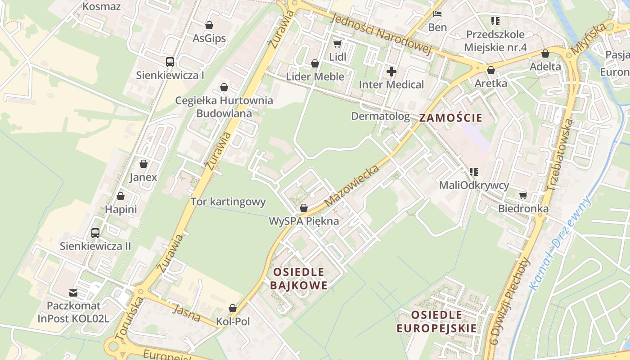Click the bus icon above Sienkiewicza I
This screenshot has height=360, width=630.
pyautogui.click(x=170, y=62)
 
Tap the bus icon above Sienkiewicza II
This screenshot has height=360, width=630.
pyautogui.click(x=95, y=233)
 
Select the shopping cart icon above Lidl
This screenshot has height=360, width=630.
pyautogui.click(x=337, y=44)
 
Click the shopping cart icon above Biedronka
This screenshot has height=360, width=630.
pyautogui.click(x=523, y=195)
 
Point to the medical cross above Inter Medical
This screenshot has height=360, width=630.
pyautogui.click(x=391, y=71)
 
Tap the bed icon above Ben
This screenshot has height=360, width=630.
pyautogui.click(x=437, y=14)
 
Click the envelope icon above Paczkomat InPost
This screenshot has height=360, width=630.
pyautogui.click(x=73, y=293)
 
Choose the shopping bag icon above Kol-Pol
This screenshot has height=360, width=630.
pyautogui.click(x=233, y=308)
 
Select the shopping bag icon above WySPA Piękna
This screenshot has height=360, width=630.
pyautogui.click(x=304, y=208)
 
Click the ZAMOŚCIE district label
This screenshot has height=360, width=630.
pyautogui.click(x=450, y=118)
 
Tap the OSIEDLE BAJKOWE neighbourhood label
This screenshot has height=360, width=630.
pyautogui.click(x=299, y=279)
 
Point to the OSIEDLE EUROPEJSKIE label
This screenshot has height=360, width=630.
pyautogui.click(x=436, y=321)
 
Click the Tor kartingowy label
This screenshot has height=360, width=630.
pyautogui.click(x=228, y=202)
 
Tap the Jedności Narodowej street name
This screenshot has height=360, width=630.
pyautogui.click(x=380, y=35)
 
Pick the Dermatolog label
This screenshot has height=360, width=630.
pyautogui.click(x=380, y=117)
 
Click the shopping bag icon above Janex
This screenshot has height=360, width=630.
pyautogui.click(x=144, y=164)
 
